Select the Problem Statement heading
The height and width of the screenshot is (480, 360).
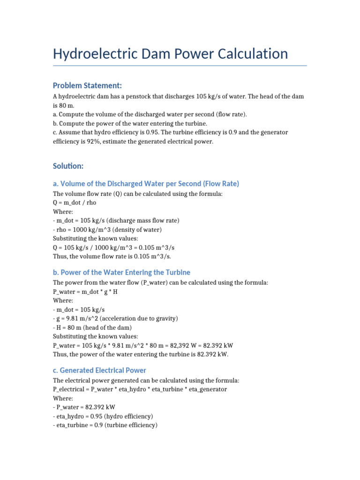87,85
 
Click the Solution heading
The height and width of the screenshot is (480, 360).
68,166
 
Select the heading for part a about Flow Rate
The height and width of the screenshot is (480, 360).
146,183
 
